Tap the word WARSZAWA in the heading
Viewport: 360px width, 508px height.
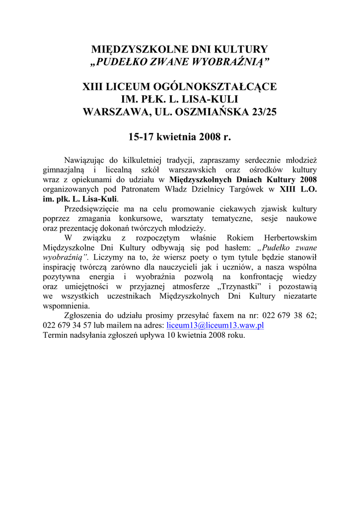coord(115,112)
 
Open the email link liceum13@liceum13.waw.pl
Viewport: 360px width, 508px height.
coord(215,325)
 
